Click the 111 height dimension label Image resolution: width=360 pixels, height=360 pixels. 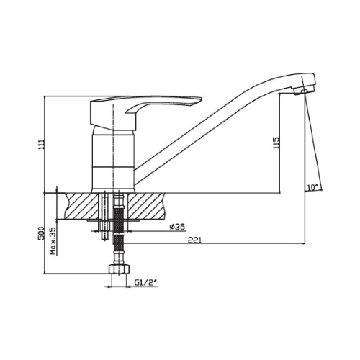tap(42, 145)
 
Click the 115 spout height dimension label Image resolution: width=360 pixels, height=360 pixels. tap(276, 143)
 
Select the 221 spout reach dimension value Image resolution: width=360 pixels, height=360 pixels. tap(194, 240)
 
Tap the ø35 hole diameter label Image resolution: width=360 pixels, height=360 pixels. tap(178, 227)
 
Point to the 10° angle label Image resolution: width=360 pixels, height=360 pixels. tap(312, 187)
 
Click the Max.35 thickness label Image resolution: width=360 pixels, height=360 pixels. tap(53, 240)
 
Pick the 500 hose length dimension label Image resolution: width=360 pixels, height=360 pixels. tap(42, 233)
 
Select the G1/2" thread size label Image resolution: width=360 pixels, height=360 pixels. tap(145, 283)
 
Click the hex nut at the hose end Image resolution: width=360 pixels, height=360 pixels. tap(119, 269)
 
